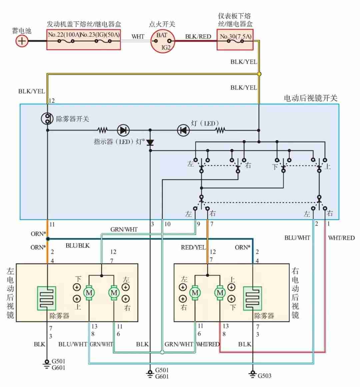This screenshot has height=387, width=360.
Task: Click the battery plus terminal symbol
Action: click(22, 41)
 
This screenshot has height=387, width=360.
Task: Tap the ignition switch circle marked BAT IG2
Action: click(162, 41)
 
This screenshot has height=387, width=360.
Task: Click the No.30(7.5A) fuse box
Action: click(235, 39)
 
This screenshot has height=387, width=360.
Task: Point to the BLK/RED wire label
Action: click(198, 36)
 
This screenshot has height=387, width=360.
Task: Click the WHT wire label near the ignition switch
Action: click(138, 36)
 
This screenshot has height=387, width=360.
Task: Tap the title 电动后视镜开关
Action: click(310, 98)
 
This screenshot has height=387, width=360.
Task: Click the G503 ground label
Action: click(264, 376)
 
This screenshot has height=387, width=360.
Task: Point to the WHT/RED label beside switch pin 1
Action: click(341, 238)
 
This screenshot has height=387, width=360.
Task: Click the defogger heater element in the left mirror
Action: click(47, 298)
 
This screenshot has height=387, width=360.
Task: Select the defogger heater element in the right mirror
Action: click(252, 298)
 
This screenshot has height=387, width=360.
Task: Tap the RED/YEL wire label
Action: click(193, 248)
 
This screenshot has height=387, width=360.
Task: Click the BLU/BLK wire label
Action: click(78, 246)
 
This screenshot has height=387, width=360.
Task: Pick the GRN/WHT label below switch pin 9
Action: click(124, 230)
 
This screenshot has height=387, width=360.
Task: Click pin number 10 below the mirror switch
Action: click(167, 224)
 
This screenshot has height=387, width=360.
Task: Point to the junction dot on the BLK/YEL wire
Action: click(259, 74)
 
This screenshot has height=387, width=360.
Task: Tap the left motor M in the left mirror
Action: click(89, 293)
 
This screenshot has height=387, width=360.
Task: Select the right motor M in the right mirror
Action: click(220, 293)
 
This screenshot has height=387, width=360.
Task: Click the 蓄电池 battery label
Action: click(22, 31)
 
